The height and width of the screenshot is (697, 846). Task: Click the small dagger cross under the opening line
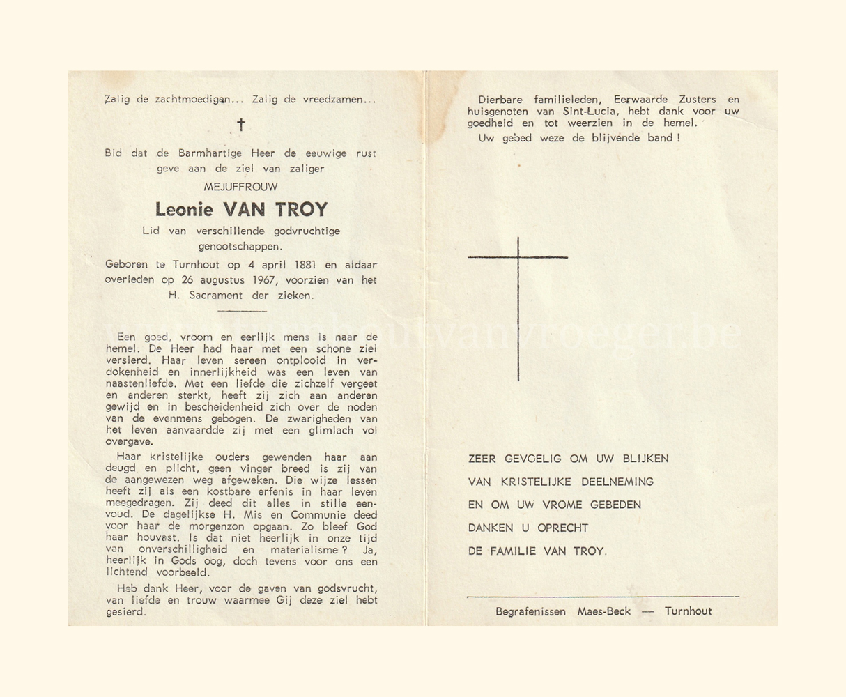(x=241, y=125)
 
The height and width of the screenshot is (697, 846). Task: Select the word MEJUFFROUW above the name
(x=240, y=187)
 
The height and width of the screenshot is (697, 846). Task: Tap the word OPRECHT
(x=562, y=528)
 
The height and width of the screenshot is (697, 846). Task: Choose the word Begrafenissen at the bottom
(x=530, y=611)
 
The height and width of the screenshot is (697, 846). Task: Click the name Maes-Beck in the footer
(x=603, y=611)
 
